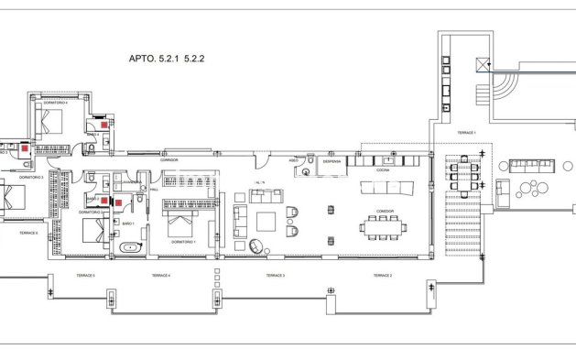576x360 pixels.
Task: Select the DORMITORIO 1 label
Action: click(184, 240)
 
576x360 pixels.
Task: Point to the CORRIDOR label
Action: click(168, 159)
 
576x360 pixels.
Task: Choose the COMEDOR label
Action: click(384, 211)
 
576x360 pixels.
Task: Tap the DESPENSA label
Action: click(331, 161)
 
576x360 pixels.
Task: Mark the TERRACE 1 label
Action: click(466, 134)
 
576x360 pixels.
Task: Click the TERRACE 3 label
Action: click(274, 275)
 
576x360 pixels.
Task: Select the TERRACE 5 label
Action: click(86, 275)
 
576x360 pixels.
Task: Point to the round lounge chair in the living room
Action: click(256, 245)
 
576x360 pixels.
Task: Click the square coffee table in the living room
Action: click(268, 221)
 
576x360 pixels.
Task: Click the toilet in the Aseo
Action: click(310, 163)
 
